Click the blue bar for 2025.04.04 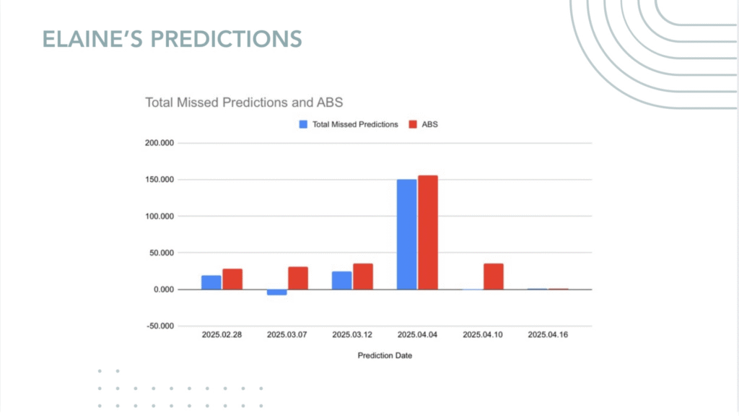pyautogui.click(x=407, y=235)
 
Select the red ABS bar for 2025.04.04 pyautogui.click(x=428, y=233)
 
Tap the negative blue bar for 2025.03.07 pyautogui.click(x=276, y=292)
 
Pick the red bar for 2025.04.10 pyautogui.click(x=494, y=277)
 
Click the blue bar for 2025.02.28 pyautogui.click(x=211, y=282)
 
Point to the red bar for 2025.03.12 pyautogui.click(x=363, y=277)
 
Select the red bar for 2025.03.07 pyautogui.click(x=298, y=278)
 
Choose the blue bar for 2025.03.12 pyautogui.click(x=341, y=281)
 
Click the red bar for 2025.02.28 pyautogui.click(x=232, y=279)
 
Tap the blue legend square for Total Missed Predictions pyautogui.click(x=303, y=124)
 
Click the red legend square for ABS pyautogui.click(x=413, y=124)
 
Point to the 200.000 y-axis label pyautogui.click(x=159, y=143)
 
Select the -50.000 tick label pyautogui.click(x=160, y=326)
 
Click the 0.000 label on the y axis pyautogui.click(x=164, y=290)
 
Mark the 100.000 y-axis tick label pyautogui.click(x=159, y=216)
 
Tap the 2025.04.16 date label pyautogui.click(x=548, y=335)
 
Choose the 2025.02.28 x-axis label pyautogui.click(x=222, y=335)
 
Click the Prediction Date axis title pyautogui.click(x=385, y=355)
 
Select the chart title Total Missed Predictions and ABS pyautogui.click(x=244, y=103)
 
